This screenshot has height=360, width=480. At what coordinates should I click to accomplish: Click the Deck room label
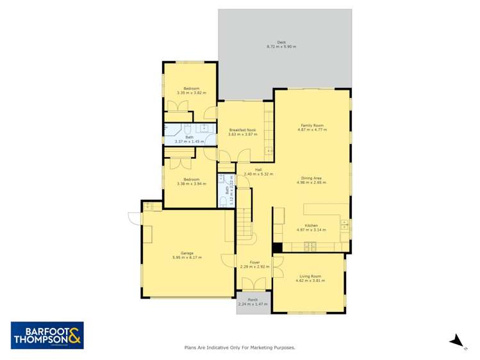[x=281, y=43]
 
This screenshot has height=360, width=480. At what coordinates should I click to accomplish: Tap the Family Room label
[x=312, y=125]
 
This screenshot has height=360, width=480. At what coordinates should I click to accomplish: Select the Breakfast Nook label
[x=242, y=130]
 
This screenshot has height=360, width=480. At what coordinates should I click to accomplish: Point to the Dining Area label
[x=312, y=177]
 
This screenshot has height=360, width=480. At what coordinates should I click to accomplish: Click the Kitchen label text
[x=311, y=225]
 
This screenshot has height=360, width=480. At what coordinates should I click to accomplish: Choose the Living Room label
[x=311, y=276]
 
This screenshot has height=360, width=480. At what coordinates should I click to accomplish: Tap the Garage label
[x=187, y=253]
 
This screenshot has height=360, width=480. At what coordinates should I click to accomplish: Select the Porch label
[x=253, y=300]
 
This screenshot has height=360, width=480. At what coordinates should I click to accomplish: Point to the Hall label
[x=258, y=169]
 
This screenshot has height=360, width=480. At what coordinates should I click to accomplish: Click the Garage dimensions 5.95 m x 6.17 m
[x=187, y=258]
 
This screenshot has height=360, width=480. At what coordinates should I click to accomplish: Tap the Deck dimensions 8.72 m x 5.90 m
[x=281, y=47]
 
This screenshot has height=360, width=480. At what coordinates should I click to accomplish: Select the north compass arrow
[x=456, y=340]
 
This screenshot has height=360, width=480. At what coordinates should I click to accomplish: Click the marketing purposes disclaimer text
[x=240, y=348]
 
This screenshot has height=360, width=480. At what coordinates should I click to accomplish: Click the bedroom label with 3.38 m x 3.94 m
[x=191, y=181]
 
